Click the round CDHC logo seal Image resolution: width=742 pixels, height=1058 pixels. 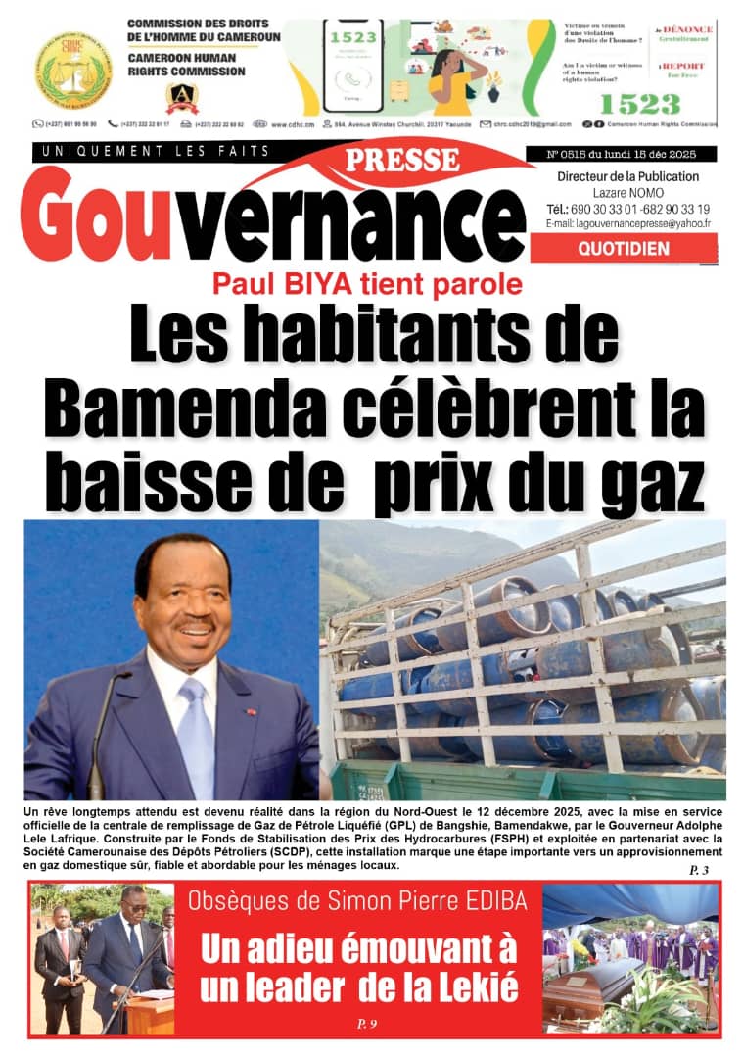(x=73, y=69)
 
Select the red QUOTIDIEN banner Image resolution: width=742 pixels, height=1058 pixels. (x=624, y=249)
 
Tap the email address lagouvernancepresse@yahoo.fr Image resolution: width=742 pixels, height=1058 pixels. (x=628, y=224)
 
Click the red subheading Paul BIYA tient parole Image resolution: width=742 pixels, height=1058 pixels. (x=368, y=285)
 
